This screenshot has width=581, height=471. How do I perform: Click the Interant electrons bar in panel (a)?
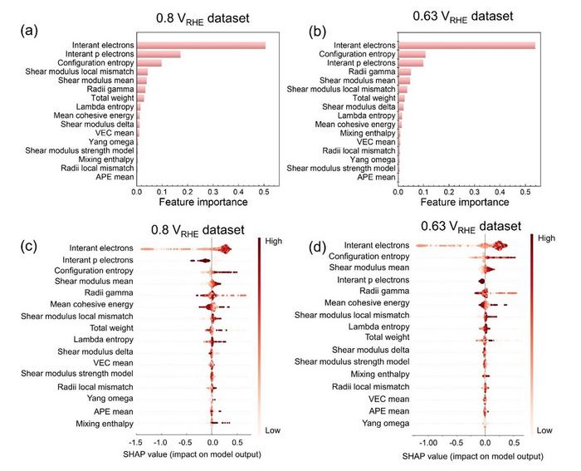pos(201,45)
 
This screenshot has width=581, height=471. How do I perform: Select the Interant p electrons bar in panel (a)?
pos(159,55)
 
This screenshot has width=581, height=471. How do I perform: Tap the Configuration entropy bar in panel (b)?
pos(413,54)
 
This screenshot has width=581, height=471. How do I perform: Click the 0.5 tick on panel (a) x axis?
pos(263,189)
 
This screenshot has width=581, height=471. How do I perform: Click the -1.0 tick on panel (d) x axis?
pos(429,444)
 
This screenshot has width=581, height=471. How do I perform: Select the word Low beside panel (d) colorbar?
pos(544,430)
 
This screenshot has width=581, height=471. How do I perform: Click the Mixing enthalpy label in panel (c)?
pos(95,424)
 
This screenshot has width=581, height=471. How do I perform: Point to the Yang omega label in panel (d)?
pos(388,423)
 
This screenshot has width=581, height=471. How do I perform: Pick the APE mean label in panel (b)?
pos(376,177)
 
